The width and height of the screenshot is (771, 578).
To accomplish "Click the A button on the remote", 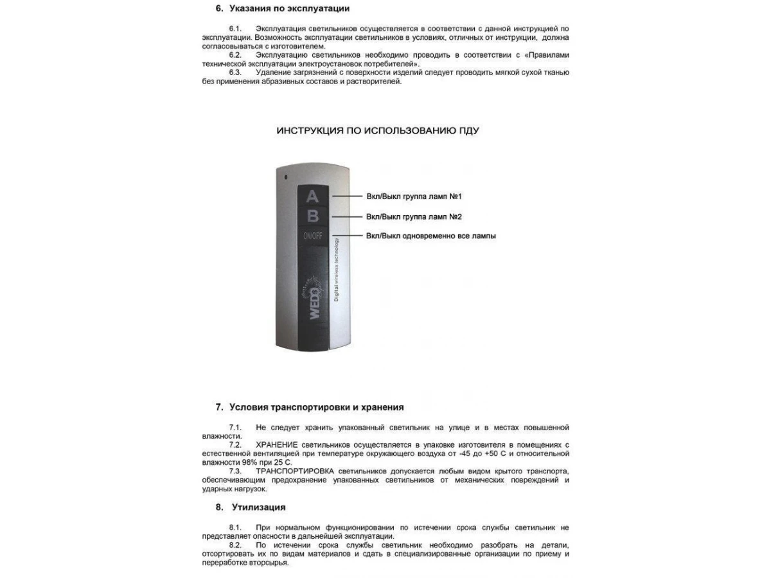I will pyautogui.click(x=312, y=196).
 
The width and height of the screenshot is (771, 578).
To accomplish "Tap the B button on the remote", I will pyautogui.click(x=312, y=216).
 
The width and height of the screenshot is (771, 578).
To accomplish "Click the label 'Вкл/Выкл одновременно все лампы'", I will pyautogui.click(x=430, y=236).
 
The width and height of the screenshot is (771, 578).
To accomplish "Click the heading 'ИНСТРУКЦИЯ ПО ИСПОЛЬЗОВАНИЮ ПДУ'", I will pyautogui.click(x=377, y=130).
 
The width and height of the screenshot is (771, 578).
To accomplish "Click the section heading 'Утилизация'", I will pyautogui.click(x=258, y=507).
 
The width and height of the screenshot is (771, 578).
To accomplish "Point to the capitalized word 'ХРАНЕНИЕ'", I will pyautogui.click(x=276, y=444).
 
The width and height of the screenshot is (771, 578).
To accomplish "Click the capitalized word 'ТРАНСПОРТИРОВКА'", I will pyautogui.click(x=295, y=471).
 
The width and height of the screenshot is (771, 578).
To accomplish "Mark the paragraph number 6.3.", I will pyautogui.click(x=235, y=72).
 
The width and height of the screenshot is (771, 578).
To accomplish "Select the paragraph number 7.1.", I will pyautogui.click(x=235, y=427).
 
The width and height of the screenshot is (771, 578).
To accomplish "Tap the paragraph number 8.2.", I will pyautogui.click(x=235, y=545).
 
